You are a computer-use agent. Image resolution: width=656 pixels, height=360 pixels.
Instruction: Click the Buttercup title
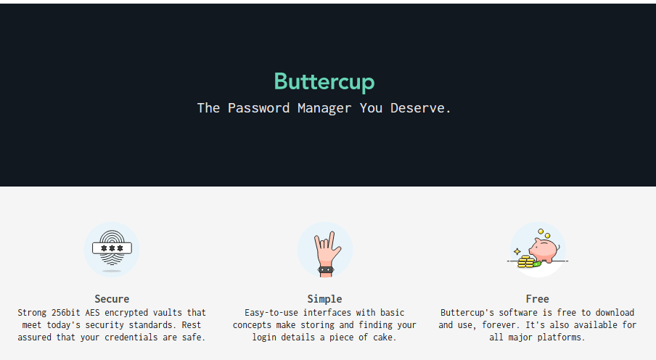[x=324, y=82]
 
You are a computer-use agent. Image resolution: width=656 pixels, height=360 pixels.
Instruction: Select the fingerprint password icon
[x=112, y=248]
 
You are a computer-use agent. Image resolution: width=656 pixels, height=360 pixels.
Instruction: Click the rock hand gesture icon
[x=324, y=248]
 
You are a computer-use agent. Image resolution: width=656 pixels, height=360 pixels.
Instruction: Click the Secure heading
[x=112, y=299]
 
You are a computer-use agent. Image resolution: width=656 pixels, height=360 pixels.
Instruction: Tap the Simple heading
[x=324, y=299]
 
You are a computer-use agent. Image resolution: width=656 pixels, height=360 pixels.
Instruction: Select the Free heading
[x=538, y=299]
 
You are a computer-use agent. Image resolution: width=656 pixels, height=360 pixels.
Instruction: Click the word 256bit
[x=66, y=313]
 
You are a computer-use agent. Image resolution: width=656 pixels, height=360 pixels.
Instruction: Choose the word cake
[x=385, y=337]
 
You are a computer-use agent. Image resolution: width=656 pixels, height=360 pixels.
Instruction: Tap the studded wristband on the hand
[x=325, y=270]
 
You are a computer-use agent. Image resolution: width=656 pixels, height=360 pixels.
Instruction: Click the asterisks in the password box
[x=112, y=248]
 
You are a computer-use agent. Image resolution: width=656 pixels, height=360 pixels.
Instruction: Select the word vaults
[x=171, y=313]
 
